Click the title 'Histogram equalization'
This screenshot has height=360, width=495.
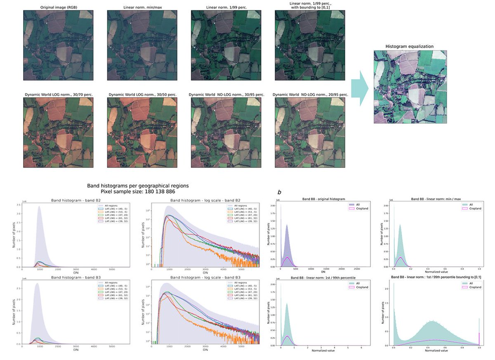tap(409, 46)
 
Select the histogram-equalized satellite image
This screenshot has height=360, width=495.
tap(410, 87)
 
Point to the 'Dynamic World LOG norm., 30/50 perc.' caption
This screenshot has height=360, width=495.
tap(142, 95)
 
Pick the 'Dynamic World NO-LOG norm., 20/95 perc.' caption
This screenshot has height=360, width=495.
tap(310, 95)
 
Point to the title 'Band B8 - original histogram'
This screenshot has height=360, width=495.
tap(311, 199)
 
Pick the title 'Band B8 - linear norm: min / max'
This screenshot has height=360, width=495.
tap(431, 199)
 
